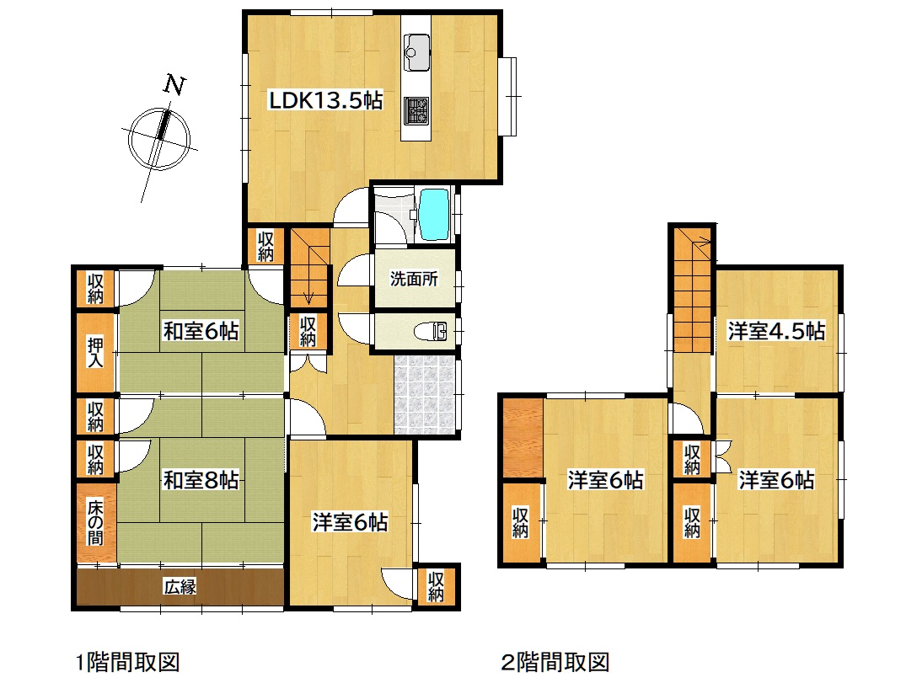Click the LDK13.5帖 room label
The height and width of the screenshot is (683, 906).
(326, 100)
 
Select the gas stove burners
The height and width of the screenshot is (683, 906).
(416, 109)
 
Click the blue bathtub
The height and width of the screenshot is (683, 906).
(434, 214)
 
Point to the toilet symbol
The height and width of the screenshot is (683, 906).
(432, 332)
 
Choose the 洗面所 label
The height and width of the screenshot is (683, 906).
(415, 279)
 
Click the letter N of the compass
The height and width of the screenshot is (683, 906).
(174, 85)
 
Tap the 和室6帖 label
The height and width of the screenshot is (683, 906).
(201, 332)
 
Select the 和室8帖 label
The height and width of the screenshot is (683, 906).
(201, 480)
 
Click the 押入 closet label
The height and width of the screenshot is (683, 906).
(95, 353)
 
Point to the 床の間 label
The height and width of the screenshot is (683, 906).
(95, 522)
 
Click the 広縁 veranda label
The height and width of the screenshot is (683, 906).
(180, 587)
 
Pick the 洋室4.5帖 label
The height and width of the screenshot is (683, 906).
(776, 332)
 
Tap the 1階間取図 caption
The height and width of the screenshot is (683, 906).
(128, 662)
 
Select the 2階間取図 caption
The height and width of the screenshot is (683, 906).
(555, 662)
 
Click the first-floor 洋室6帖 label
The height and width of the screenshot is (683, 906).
(350, 522)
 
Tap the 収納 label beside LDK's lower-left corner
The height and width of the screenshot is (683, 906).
(265, 246)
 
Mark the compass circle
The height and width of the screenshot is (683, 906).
(159, 139)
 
